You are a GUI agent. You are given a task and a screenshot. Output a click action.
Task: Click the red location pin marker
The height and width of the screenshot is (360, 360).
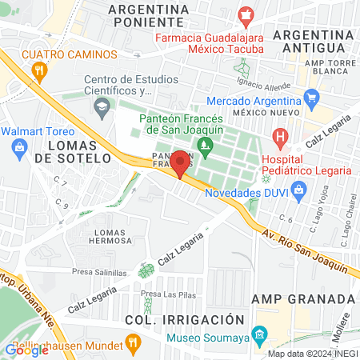click(181, 162)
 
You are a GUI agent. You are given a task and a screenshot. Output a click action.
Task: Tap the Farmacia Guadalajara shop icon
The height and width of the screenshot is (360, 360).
click(246, 14)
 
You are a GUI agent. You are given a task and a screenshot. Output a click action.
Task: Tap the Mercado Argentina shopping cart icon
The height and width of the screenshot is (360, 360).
click(311, 100)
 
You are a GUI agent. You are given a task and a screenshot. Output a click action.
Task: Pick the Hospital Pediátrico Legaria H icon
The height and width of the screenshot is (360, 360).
click(280, 138)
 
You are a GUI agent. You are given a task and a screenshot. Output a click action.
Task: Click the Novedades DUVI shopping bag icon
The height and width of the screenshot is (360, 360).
click(299, 190)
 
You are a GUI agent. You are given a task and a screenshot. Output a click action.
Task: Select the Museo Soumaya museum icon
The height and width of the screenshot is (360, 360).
click(258, 333)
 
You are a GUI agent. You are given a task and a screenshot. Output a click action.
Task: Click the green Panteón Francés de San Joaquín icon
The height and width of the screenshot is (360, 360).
click(204, 145)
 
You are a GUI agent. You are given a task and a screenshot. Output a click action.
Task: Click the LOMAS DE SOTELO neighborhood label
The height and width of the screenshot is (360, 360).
click(78, 151)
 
